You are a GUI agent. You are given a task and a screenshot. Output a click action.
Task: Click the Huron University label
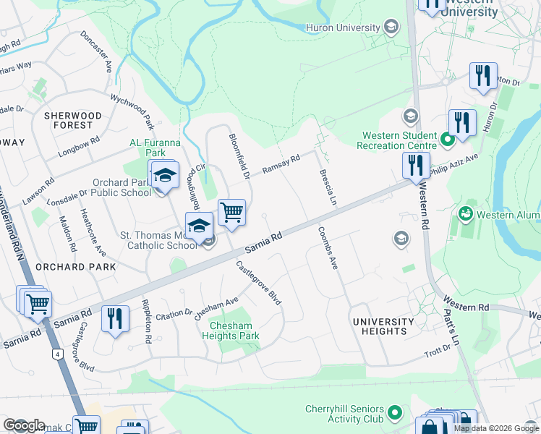click(x=344, y=28)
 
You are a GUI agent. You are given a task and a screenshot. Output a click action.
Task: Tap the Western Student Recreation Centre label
click(x=399, y=140)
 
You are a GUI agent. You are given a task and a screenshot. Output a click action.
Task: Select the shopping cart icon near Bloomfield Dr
click(x=231, y=213)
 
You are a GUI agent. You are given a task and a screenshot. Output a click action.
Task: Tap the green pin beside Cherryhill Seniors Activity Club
click(x=394, y=413)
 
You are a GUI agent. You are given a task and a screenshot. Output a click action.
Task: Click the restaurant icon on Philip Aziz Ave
click(x=416, y=165)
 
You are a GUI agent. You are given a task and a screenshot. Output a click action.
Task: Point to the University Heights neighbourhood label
click(x=383, y=326)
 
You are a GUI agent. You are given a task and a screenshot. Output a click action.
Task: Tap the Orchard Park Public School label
click(x=121, y=188)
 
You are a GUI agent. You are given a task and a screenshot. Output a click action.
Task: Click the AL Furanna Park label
click(x=148, y=148)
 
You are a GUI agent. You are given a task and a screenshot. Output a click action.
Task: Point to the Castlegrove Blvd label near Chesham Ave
click(x=258, y=283)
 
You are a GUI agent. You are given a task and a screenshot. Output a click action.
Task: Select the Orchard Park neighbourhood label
click(x=85, y=267)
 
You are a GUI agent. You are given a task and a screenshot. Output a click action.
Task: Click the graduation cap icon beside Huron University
click(x=391, y=28)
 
